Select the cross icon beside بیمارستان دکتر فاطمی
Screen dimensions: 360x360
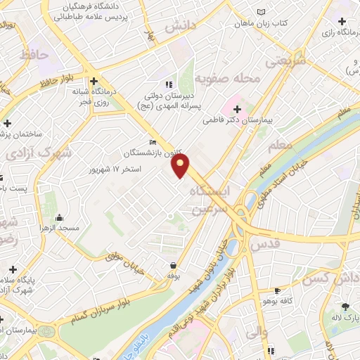click(237, 109)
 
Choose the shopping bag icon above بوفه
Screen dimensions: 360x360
click(173, 265)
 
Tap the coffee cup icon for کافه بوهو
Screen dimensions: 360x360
click(277, 290)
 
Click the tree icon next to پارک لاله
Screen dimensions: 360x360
click(345, 306)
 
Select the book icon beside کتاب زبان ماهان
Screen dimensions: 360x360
click(262, 12)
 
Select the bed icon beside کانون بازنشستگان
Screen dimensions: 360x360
click(153, 141)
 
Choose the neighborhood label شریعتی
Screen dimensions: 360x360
click(288, 62)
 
